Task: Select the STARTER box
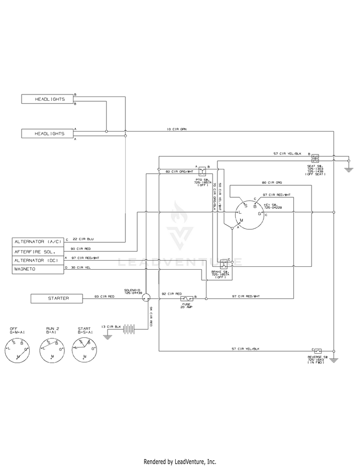click(x=58, y=298)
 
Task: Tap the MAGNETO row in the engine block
click(x=38, y=269)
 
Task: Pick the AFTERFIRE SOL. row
click(x=38, y=251)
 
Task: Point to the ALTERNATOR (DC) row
click(x=38, y=260)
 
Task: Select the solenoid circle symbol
click(x=147, y=298)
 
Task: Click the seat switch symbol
click(x=315, y=157)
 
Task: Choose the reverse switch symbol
click(x=318, y=351)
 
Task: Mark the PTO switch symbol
click(x=204, y=170)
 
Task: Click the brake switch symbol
click(x=223, y=264)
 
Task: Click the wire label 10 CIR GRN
click(x=176, y=130)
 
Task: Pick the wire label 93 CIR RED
click(x=105, y=296)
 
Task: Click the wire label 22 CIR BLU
click(x=83, y=239)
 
